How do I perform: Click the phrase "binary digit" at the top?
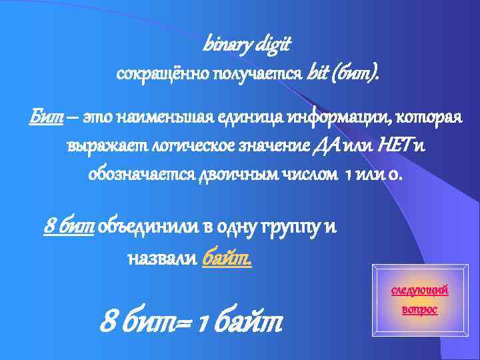click(x=247, y=44)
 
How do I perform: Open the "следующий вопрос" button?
click(x=419, y=299)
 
